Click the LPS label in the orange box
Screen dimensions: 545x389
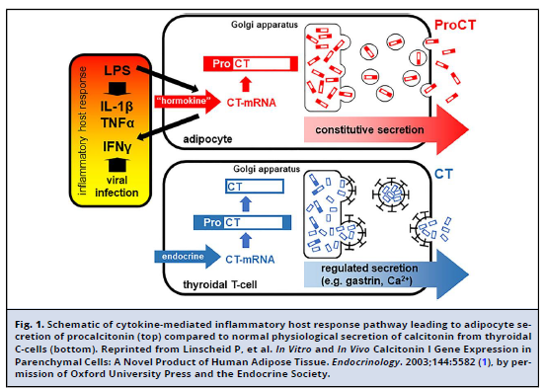tap(117, 70)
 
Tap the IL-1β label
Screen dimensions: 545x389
tap(117, 106)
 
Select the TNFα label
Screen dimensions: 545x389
tap(117, 122)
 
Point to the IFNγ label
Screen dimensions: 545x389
tap(117, 146)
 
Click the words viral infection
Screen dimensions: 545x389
tap(117, 187)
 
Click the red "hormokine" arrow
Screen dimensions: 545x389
tap(188, 101)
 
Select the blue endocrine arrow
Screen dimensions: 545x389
tap(188, 257)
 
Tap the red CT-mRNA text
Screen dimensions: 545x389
tap(252, 103)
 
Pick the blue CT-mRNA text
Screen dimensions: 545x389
tap(250, 260)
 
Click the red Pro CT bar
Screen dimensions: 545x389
tap(251, 63)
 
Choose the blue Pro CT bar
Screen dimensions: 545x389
tap(242, 222)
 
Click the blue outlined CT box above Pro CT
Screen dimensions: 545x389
tap(255, 187)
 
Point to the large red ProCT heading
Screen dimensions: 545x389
tap(455, 25)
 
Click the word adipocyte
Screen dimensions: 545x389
tap(207, 139)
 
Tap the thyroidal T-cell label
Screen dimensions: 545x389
tap(219, 284)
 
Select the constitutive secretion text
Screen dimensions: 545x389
tap(369, 130)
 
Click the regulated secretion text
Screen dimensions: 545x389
tap(369, 268)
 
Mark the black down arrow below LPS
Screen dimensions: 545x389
tap(117, 89)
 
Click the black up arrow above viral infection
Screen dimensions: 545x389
tap(117, 165)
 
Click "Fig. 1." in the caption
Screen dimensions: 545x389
tap(30, 325)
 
